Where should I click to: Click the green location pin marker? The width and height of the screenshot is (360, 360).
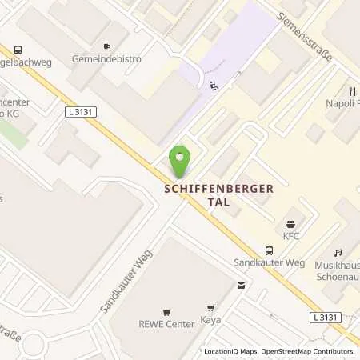[180, 159]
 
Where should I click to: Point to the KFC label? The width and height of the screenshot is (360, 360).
[290, 237]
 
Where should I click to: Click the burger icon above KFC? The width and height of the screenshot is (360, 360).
[290, 223]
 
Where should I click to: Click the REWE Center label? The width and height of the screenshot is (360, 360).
[166, 326]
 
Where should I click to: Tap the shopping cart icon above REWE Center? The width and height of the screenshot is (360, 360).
[166, 313]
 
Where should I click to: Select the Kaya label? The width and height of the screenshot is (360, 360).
[211, 320]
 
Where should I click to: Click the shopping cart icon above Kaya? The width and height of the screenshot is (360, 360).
[211, 307]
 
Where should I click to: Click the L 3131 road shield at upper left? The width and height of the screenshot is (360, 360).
[81, 113]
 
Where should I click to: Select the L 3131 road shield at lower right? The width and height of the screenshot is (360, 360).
[325, 318]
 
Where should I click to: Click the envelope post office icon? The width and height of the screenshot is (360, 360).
[241, 285]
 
